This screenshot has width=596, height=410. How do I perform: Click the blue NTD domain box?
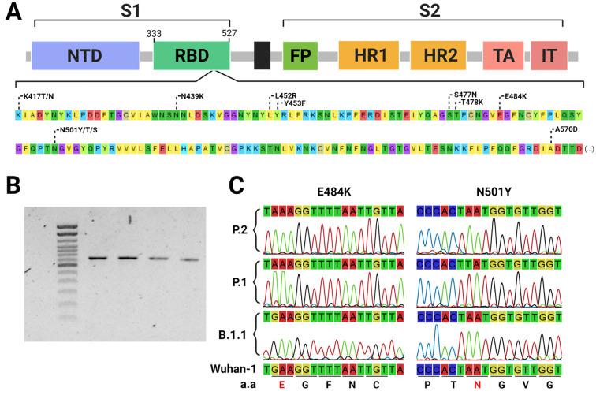[x=85, y=58]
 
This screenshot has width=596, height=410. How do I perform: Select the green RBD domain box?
[x=192, y=58]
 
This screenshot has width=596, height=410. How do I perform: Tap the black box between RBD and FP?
[x=263, y=58]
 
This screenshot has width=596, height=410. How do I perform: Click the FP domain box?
[x=299, y=58]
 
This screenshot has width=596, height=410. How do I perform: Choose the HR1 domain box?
[x=367, y=58]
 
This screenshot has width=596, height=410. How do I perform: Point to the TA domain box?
[x=502, y=58]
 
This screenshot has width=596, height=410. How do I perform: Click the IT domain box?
[x=554, y=58]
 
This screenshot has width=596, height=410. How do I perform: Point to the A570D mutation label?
[x=568, y=129]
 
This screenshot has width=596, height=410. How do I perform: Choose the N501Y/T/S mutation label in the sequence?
[x=77, y=130]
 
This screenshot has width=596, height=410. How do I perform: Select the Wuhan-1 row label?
[x=233, y=367]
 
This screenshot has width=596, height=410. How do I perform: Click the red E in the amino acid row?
[x=281, y=385]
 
